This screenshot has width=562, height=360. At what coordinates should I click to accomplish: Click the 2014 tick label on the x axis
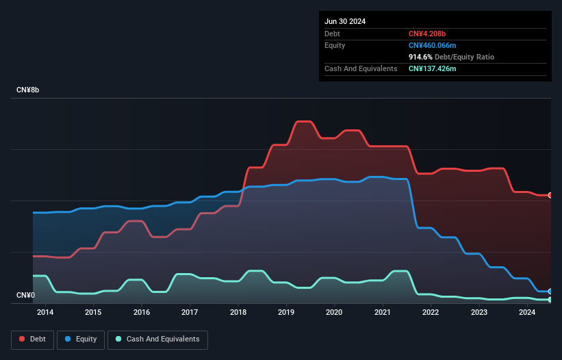[45, 313]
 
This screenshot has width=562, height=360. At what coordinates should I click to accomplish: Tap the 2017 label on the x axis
[190, 313]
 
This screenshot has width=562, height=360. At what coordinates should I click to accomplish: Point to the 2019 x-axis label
[286, 313]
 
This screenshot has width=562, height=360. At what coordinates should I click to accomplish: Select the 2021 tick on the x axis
[383, 313]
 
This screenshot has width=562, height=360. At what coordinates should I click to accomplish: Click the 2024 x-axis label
[527, 313]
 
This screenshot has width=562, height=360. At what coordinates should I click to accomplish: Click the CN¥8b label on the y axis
[28, 90]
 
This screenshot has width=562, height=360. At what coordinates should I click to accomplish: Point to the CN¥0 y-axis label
[25, 295]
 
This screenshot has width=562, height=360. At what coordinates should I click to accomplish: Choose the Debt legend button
[31, 339]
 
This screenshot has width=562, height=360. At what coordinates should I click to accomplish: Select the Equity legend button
[81, 339]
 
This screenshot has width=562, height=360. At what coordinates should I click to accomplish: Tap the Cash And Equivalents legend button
[157, 339]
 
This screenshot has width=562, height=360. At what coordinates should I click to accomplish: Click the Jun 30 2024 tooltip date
[345, 21]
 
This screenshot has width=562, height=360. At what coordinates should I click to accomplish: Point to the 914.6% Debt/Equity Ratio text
[451, 57]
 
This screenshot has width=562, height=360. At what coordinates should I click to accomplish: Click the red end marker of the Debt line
[550, 196]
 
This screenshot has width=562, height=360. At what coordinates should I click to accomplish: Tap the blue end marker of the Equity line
[550, 292]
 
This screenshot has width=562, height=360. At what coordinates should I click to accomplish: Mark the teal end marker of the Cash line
[550, 300]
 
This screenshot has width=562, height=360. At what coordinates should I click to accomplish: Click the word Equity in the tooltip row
[335, 45]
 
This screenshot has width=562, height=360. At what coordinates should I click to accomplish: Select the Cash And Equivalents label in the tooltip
[361, 68]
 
